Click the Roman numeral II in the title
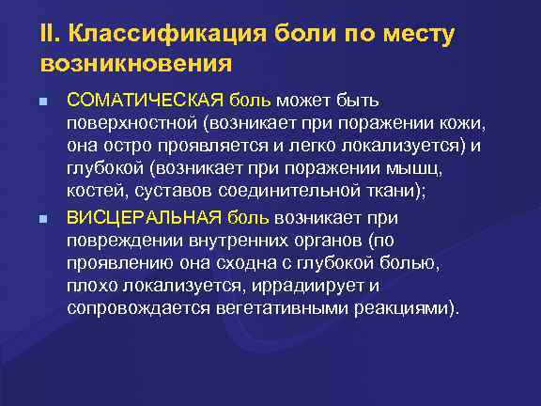click(46, 36)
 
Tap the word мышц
click(410, 170)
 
